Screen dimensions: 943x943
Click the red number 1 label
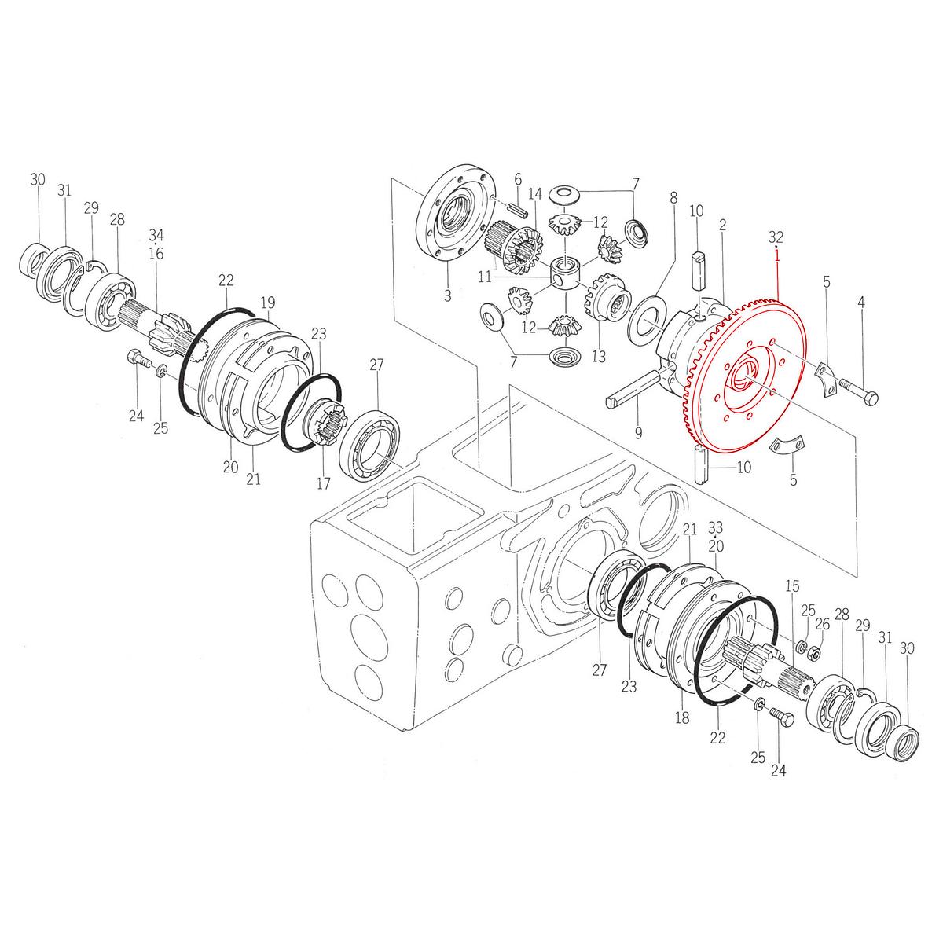776,255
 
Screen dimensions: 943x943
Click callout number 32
776,236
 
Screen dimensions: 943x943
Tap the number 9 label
638,431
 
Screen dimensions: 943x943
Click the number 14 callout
535,194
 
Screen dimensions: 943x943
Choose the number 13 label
600,357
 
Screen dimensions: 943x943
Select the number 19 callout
268,302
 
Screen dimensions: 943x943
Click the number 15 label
792,586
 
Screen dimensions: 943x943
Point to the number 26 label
822,624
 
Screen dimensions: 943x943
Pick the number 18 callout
681,717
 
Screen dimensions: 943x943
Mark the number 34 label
156,234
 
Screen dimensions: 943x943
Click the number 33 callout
715,526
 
